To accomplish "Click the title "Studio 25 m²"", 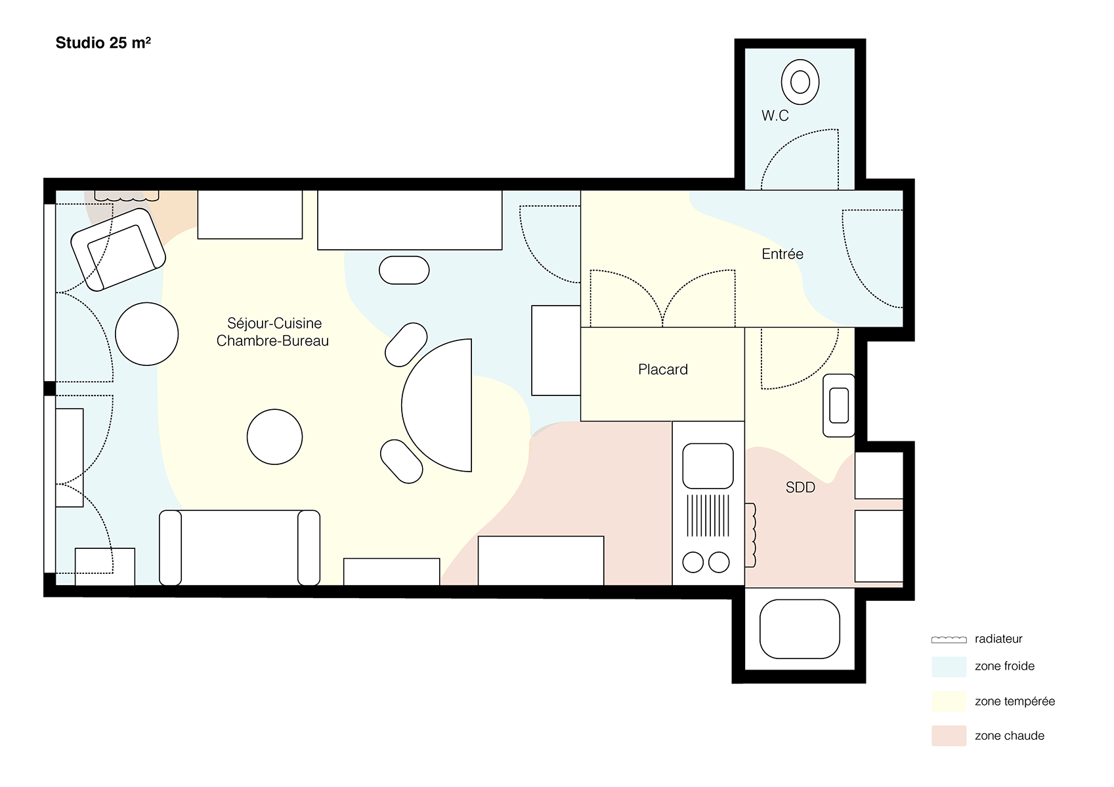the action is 103,43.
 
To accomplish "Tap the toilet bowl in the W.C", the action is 800,82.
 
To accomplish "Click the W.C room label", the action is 775,116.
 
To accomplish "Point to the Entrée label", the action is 782,254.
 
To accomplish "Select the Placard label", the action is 662,369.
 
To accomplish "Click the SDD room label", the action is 800,487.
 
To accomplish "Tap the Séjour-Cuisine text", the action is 274,323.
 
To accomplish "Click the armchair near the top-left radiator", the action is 118,249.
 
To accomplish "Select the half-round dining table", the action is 437,405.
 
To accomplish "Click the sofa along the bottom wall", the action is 239,548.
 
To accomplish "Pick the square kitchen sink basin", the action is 708,466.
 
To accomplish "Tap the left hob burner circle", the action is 693,563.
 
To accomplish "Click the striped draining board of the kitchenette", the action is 708,515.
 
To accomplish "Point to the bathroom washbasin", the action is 838,405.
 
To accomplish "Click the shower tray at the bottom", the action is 800,629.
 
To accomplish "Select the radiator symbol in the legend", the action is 949,639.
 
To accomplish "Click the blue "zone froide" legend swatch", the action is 949,666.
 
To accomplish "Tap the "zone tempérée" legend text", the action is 1014,701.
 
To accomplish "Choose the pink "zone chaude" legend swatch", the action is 949,735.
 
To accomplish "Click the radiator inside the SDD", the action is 750,535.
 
